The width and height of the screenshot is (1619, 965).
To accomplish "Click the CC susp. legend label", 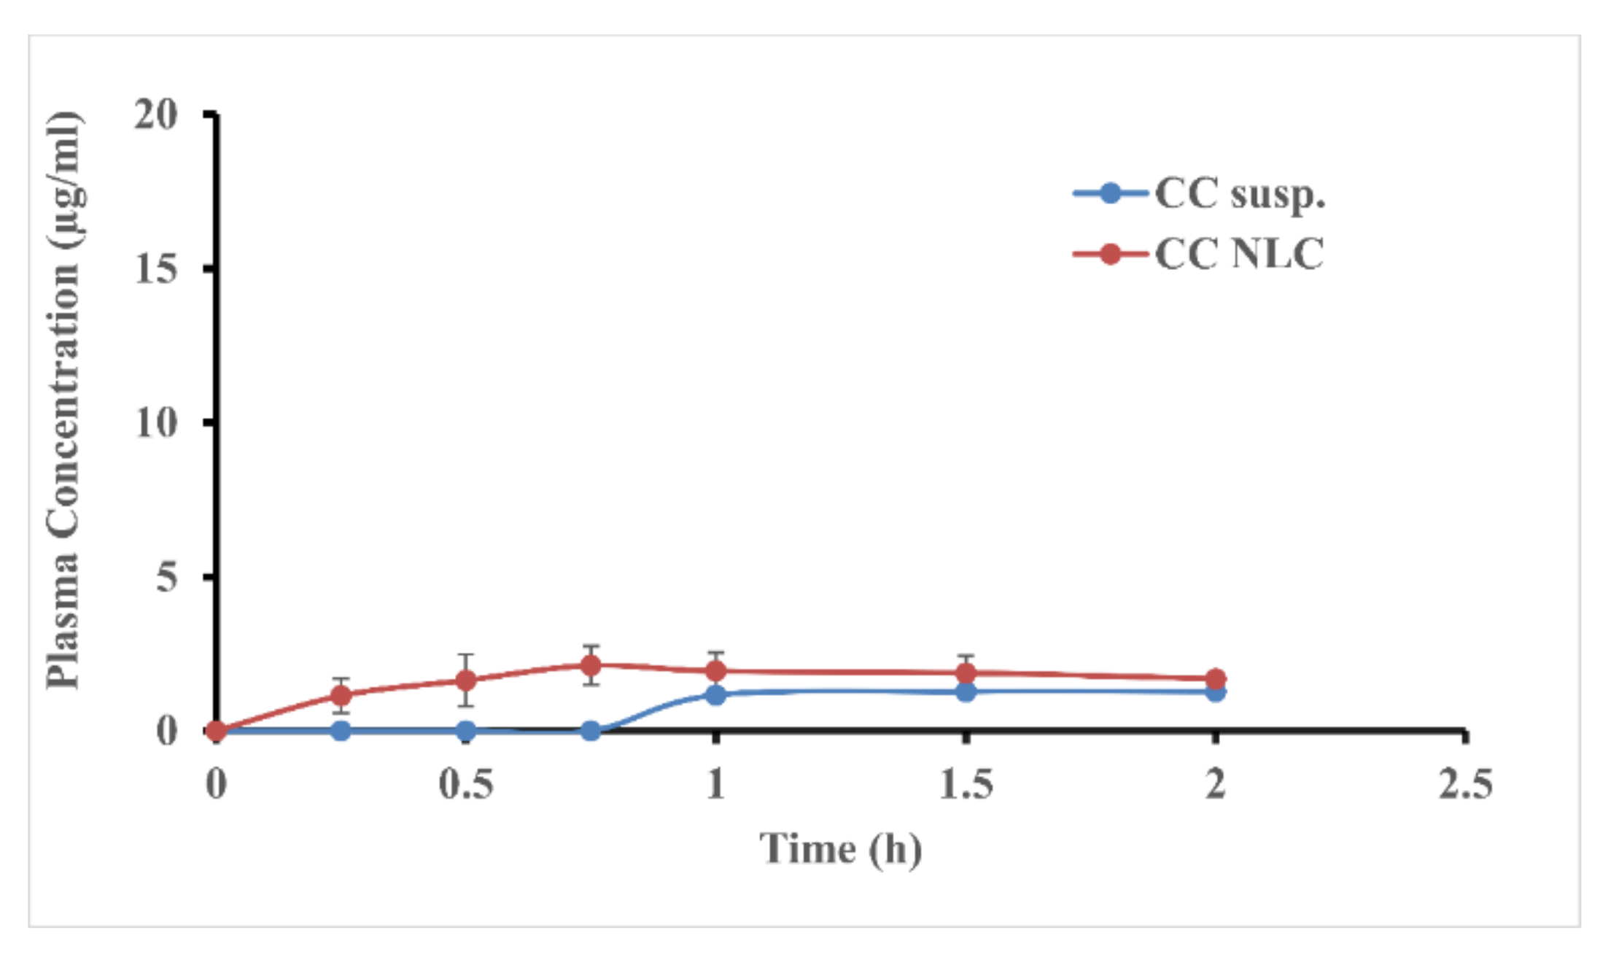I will (x=1240, y=194).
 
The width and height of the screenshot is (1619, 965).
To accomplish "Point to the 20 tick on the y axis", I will (x=155, y=115).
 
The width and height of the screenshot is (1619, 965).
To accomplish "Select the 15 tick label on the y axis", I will (x=155, y=269).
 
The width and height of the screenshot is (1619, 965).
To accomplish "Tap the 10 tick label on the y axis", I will (x=155, y=422).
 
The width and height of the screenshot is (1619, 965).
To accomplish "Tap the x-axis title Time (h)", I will (x=840, y=849).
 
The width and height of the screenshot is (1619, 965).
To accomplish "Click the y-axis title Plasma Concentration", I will (x=64, y=401).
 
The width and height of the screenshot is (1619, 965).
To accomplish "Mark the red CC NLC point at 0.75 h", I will (x=591, y=665).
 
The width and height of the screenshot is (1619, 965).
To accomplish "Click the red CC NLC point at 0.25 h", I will (x=341, y=694).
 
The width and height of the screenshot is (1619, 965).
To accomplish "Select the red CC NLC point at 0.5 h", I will (x=466, y=681).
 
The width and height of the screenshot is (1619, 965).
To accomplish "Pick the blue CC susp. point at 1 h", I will (x=715, y=694).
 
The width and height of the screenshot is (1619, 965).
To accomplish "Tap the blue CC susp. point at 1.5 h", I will (x=966, y=691).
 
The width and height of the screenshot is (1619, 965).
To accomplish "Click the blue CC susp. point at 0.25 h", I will (x=341, y=730).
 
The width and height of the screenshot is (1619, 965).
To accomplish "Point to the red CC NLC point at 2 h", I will (x=1215, y=678).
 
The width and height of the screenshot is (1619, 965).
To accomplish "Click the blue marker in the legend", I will (x=1109, y=193).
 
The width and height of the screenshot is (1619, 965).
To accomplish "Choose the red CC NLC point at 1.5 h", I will (x=966, y=673).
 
